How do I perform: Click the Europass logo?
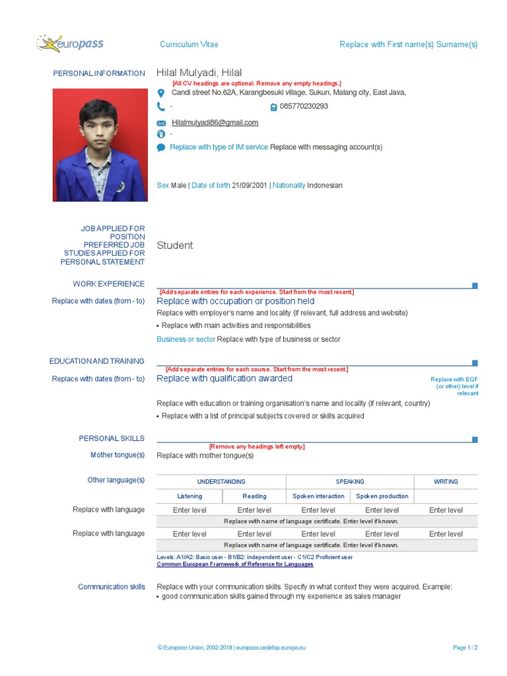point(70,44)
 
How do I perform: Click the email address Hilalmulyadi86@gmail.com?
point(215,123)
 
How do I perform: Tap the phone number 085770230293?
point(304,106)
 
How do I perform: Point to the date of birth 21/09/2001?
point(250,186)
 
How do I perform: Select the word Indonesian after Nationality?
point(325,186)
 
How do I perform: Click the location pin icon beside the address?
point(161,93)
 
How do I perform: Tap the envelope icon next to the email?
point(161,123)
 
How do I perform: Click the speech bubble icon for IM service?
point(161,148)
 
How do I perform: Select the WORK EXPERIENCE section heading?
point(108,284)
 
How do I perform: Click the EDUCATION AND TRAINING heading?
point(96,361)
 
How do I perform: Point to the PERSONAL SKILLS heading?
point(112,438)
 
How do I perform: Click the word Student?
point(175,246)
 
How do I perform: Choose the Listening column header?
point(189,496)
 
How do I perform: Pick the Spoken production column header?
point(382,496)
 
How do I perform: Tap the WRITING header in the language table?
point(446,482)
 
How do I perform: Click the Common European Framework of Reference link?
point(235,564)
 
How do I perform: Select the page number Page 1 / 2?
point(465,648)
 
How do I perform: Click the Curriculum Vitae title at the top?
point(189,44)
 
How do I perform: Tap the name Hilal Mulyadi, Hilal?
point(199,73)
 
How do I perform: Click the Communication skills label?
point(112,587)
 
